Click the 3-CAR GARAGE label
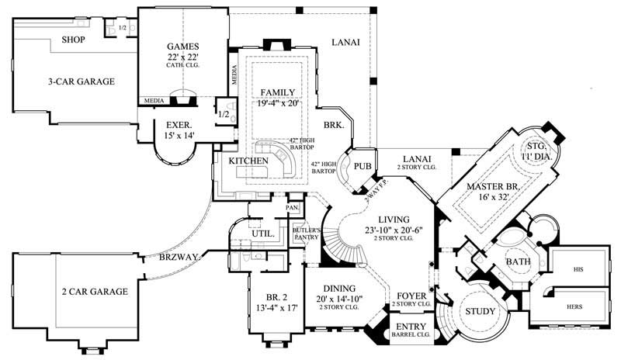81,81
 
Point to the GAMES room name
184,46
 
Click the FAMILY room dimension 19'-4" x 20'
278,103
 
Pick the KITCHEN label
248,161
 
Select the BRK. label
334,124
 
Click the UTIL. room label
260,233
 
